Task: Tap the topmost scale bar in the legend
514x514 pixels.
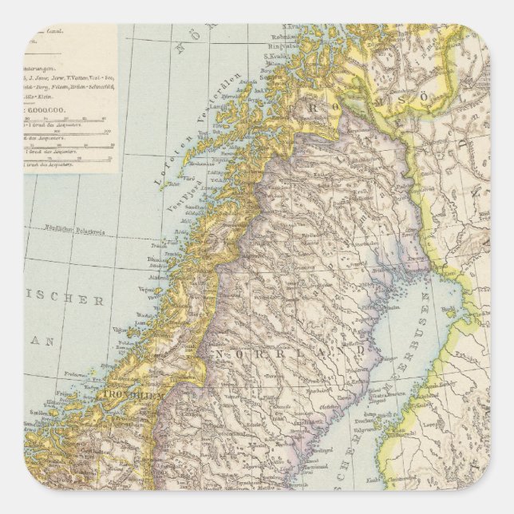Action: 69,121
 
